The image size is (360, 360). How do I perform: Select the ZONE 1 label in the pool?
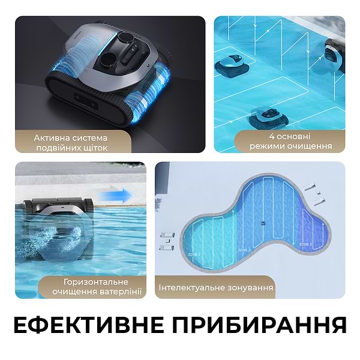194,254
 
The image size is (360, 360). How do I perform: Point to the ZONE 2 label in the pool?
245,250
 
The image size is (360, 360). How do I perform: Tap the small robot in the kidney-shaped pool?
262,223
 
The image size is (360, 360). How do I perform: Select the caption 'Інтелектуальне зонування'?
215,288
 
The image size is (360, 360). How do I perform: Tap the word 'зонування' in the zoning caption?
248,288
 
